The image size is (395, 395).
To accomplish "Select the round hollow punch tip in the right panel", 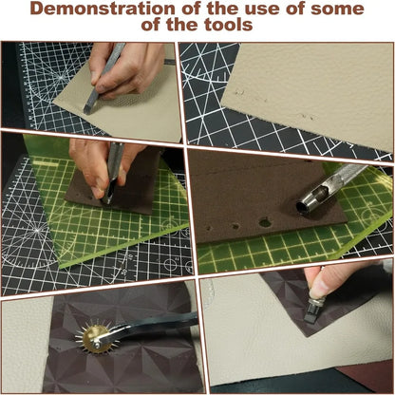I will click(x=306, y=206).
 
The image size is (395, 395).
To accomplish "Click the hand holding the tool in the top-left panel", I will click(x=128, y=66).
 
